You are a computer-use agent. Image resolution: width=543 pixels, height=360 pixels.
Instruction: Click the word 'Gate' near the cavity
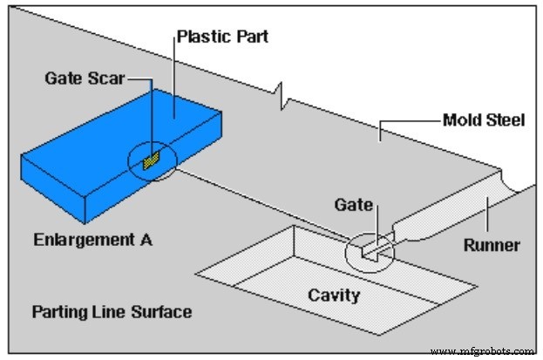pyautogui.click(x=354, y=205)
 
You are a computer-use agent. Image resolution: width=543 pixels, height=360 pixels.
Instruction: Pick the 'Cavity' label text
pyautogui.click(x=334, y=295)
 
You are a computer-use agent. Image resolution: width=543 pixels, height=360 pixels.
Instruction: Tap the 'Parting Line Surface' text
pyautogui.click(x=112, y=310)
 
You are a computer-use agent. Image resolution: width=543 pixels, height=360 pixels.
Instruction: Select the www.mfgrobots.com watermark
pyautogui.click(x=481, y=351)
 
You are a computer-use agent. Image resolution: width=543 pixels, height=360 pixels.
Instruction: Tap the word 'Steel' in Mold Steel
pyautogui.click(x=506, y=119)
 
